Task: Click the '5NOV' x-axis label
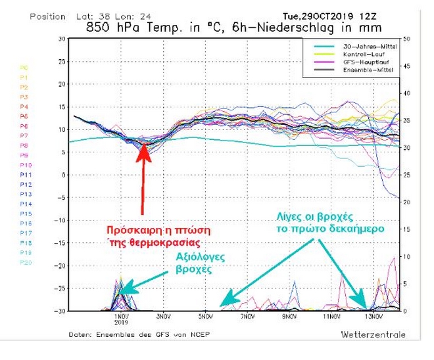pos(206,317)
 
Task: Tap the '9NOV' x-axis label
pos(289,317)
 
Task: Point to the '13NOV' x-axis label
pos(373,317)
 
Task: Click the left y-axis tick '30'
pos(62,39)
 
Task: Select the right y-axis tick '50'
pos(407,39)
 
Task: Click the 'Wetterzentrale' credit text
pos(368,335)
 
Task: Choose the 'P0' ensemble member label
pos(24,67)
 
